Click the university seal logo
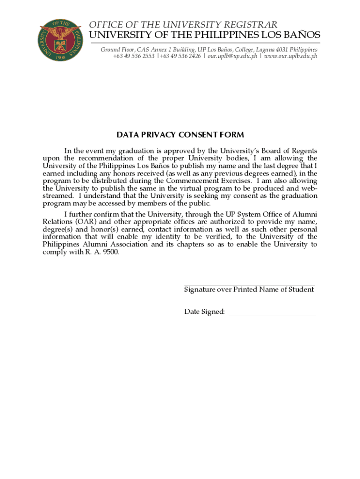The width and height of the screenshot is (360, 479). pyautogui.click(x=61, y=41)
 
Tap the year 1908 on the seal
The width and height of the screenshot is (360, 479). pyautogui.click(x=61, y=58)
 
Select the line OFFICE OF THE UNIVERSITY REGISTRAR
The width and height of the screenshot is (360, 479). pyautogui.click(x=183, y=25)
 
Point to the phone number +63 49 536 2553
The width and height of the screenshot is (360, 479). pyautogui.click(x=134, y=56)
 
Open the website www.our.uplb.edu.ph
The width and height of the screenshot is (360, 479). pyautogui.click(x=291, y=56)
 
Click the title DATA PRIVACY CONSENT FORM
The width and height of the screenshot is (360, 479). pyautogui.click(x=180, y=135)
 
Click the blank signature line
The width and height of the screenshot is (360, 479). pyautogui.click(x=249, y=284)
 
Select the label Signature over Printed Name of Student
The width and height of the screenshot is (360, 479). pyautogui.click(x=249, y=290)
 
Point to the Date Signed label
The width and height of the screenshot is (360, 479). pyautogui.click(x=204, y=312)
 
